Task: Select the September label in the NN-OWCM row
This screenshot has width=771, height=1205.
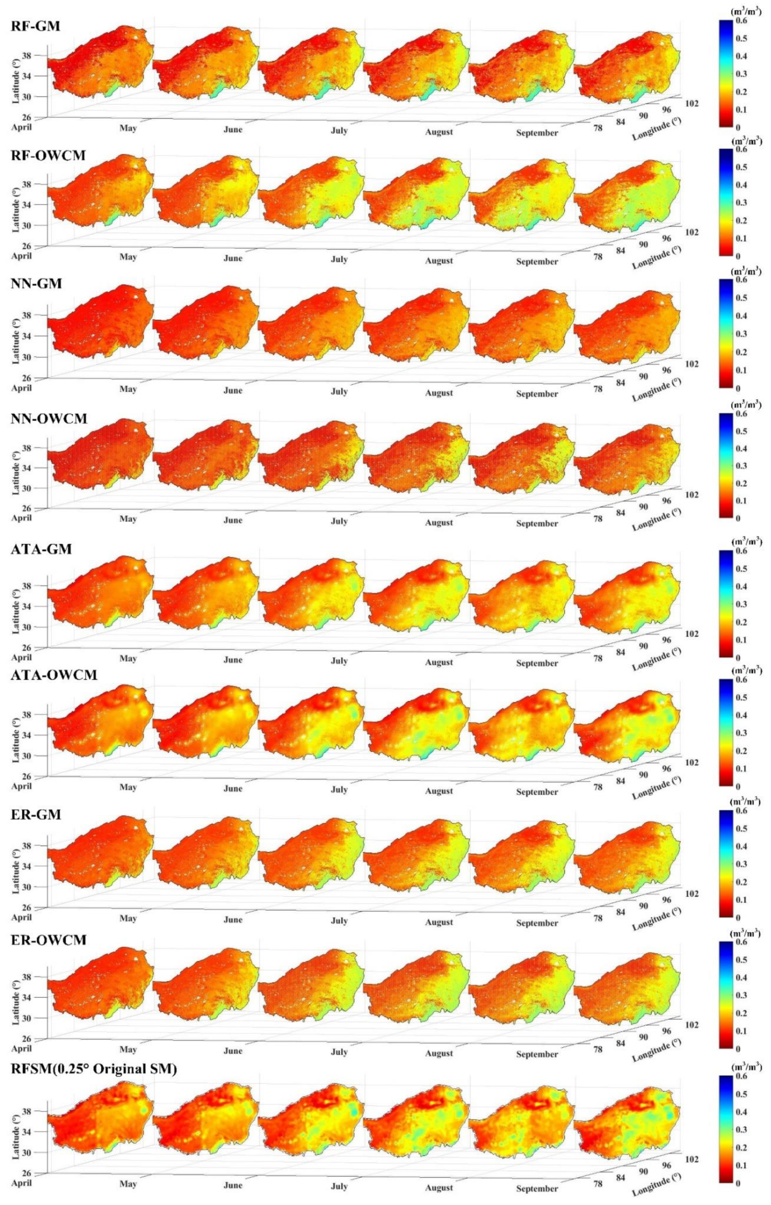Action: pyautogui.click(x=537, y=523)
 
